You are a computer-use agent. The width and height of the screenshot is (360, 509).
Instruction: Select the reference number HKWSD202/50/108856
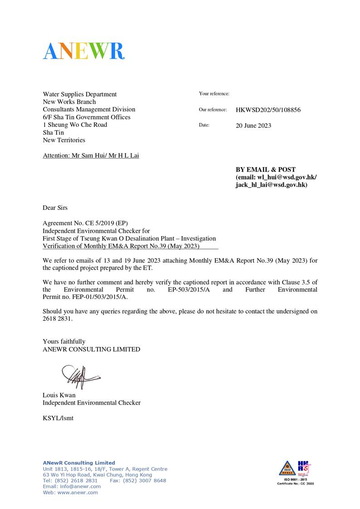pos(268,110)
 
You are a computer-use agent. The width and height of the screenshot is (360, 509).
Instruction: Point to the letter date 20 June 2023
pos(253,126)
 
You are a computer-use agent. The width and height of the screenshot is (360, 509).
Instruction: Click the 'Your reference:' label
pos(214,94)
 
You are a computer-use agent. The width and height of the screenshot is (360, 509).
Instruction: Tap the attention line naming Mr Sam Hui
pos(91,155)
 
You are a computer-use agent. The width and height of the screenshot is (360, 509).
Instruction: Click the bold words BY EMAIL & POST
pos(265,170)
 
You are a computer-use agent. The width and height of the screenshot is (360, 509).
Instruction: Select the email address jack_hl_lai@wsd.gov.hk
pos(271,185)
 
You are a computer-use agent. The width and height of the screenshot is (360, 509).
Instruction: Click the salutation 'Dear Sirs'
pos(55,208)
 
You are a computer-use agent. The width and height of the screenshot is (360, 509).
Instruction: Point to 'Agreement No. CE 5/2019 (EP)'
pos(86,223)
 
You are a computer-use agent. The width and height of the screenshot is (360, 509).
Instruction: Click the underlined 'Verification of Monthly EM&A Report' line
pos(121,246)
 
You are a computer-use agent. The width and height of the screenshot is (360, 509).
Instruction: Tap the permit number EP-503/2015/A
pos(188,289)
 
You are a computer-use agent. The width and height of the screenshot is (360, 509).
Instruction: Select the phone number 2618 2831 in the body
pos(58,319)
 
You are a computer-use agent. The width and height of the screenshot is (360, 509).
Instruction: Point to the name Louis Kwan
pos(59,395)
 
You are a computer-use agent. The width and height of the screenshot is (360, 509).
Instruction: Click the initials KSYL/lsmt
pos(58,418)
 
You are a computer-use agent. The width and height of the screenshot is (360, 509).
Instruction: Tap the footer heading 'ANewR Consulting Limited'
pos(79,463)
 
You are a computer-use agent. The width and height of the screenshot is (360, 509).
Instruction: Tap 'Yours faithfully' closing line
pos(64,341)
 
